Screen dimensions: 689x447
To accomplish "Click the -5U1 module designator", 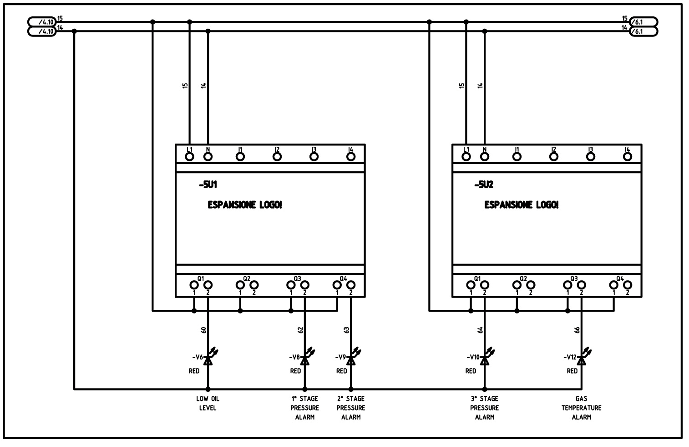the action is tap(208, 185).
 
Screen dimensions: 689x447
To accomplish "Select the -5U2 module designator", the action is tap(484, 185).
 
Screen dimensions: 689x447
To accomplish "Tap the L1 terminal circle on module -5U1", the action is tap(189, 157).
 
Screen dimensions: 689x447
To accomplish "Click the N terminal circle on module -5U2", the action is tap(485, 157).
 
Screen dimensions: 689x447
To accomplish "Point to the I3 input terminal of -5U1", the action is tap(314, 157).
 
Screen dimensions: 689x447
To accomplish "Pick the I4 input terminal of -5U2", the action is tap(628, 157).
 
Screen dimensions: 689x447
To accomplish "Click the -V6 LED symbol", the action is tap(210, 357).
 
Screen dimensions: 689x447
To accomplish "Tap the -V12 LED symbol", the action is tap(583, 357).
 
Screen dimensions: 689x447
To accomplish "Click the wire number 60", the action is tap(203, 330).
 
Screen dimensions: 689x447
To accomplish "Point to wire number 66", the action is tap(577, 330).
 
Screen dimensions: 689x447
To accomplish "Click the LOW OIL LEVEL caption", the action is tap(208, 403).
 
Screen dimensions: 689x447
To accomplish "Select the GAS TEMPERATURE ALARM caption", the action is tap(581, 407).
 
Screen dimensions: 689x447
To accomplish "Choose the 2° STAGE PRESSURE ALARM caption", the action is tap(351, 407).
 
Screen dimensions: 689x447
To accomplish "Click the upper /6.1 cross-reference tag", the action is tap(644, 22).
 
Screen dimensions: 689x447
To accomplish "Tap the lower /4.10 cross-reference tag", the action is tap(42, 31).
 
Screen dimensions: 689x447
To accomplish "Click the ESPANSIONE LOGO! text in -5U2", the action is tap(522, 205).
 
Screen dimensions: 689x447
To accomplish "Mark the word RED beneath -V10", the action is tap(471, 371).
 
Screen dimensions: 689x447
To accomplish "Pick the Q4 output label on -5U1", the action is tap(343, 279).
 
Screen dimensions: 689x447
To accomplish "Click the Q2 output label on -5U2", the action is tap(523, 279).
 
